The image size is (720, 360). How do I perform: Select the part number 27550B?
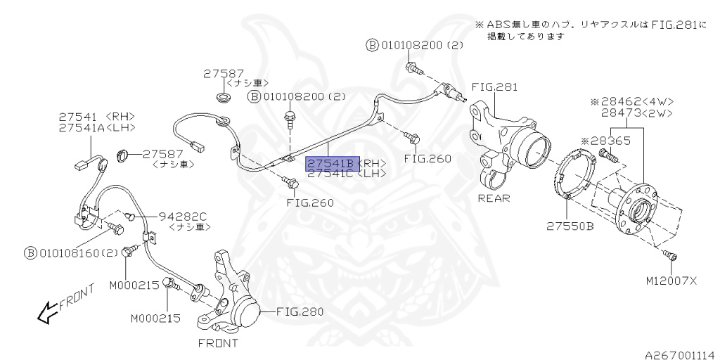click(x=570, y=226)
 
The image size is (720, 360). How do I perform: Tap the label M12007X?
click(x=670, y=281)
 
